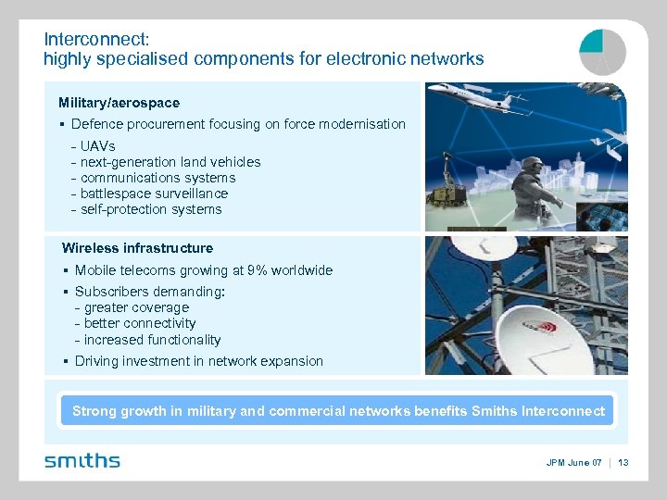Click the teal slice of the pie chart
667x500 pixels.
tap(592, 41)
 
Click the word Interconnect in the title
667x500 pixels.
tap(96, 40)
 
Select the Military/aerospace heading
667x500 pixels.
tap(119, 103)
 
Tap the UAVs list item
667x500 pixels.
tap(97, 146)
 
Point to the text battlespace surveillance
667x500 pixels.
tap(154, 194)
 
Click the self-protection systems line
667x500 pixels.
tap(151, 209)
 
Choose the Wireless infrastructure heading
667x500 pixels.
tap(137, 248)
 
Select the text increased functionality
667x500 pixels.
tap(152, 340)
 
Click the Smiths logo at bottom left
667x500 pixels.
tap(82, 460)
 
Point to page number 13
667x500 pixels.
tap(623, 462)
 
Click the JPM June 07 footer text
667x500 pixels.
tap(573, 462)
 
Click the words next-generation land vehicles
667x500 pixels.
tap(170, 162)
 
